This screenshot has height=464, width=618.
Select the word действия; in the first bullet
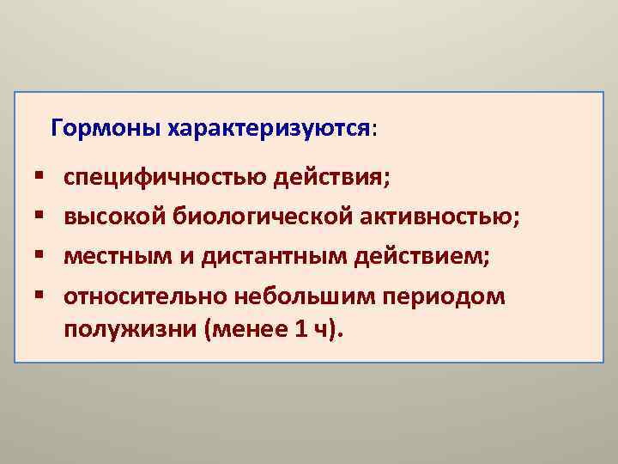(331, 180)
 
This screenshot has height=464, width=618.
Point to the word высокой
(112, 219)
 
